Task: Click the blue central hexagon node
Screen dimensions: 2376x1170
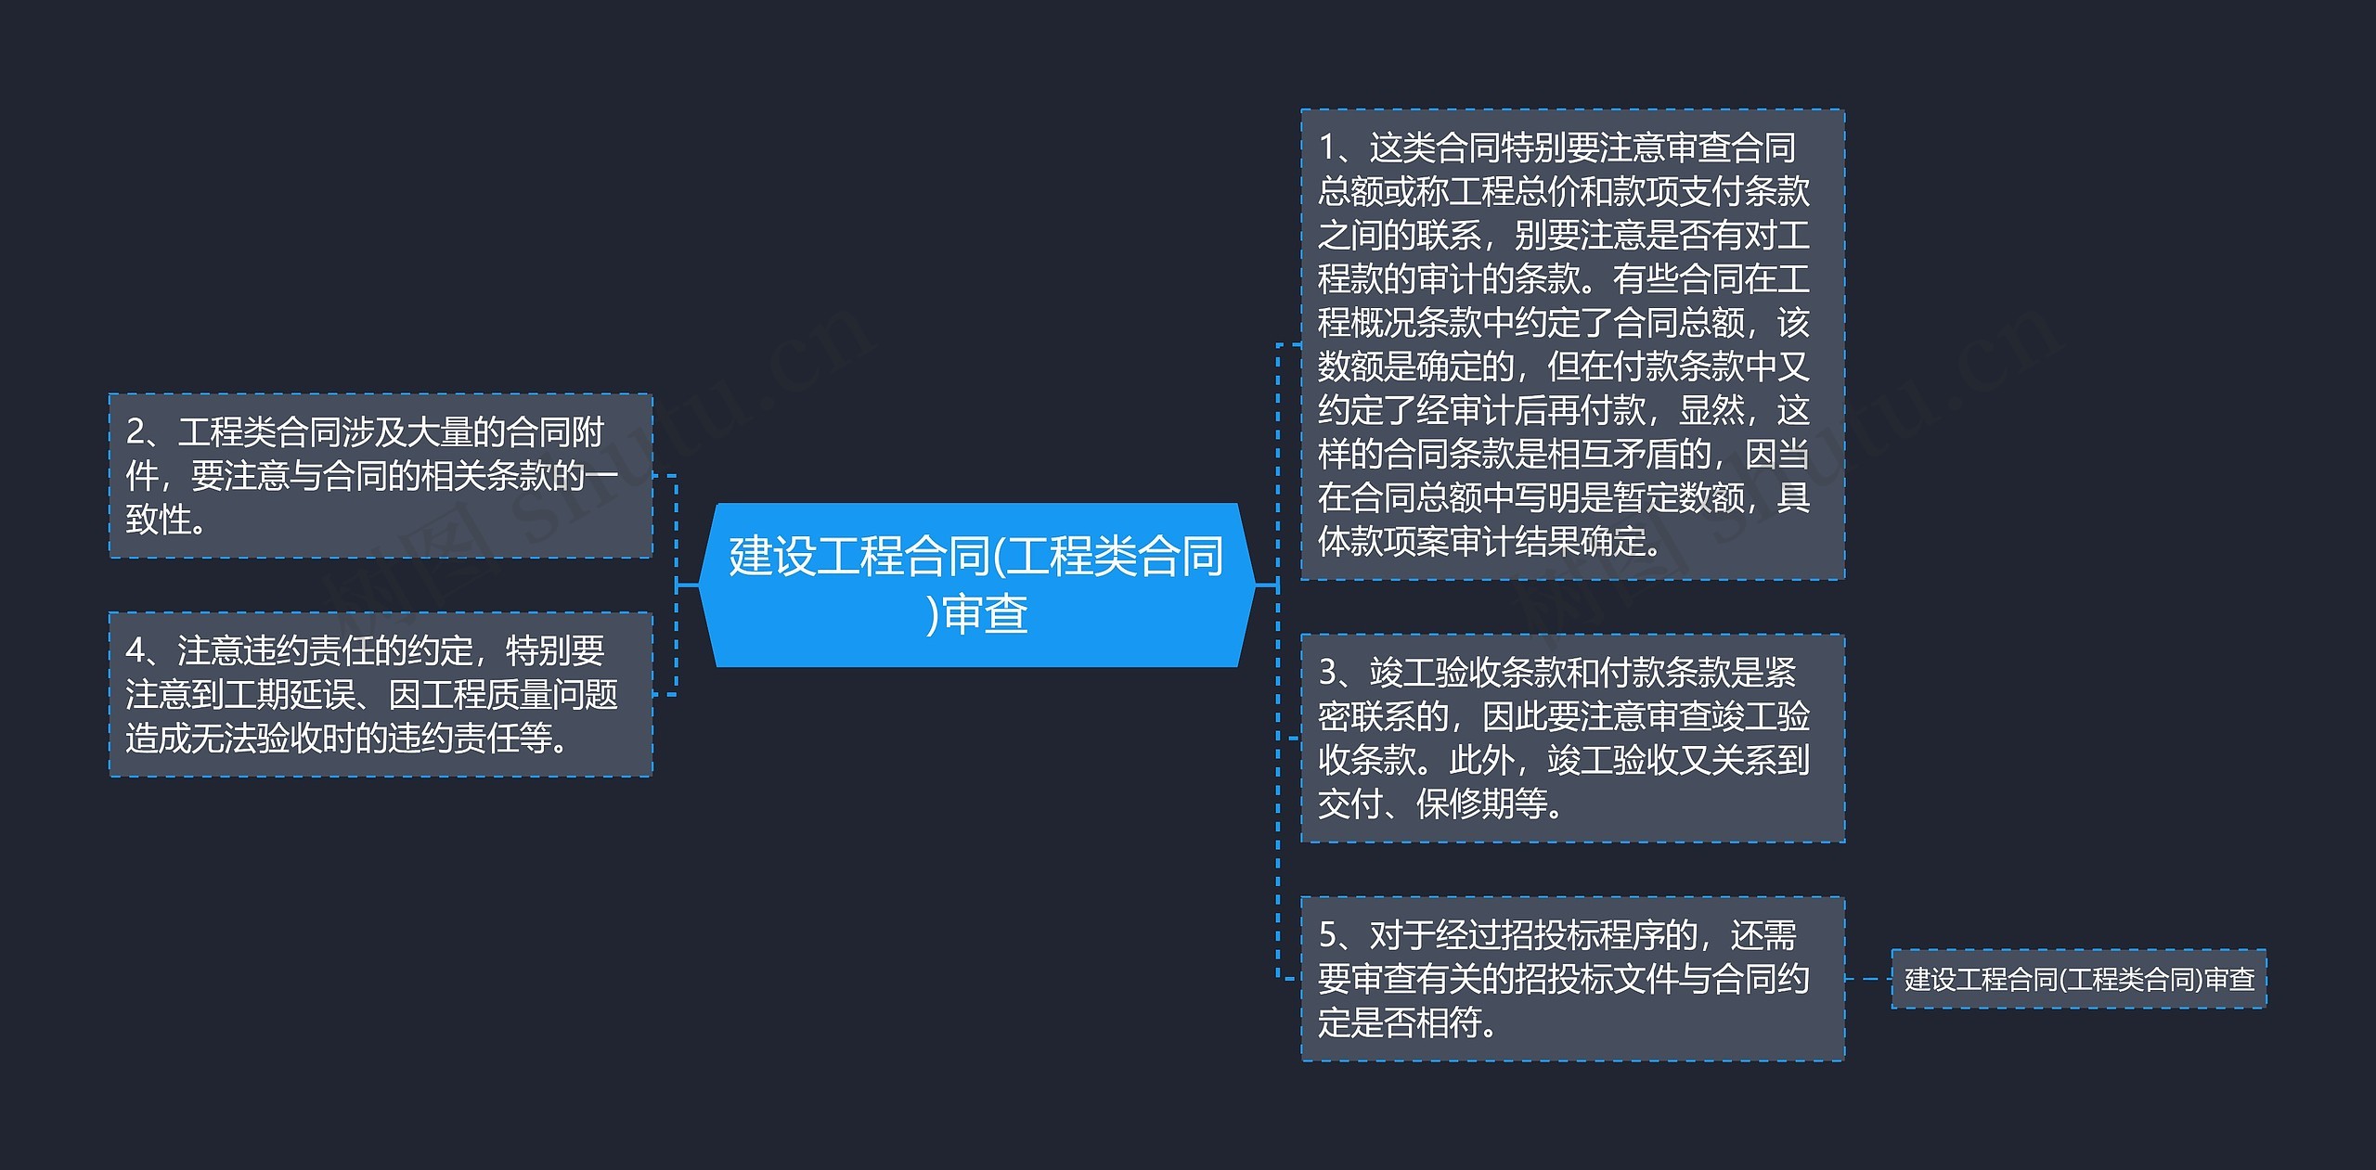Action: tap(976, 585)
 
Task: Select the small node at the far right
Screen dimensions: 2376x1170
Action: tap(2078, 979)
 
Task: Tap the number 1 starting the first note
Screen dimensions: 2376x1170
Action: tap(1328, 148)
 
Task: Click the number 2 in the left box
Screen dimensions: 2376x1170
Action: tap(136, 432)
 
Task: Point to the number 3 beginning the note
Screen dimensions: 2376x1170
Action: tap(1328, 673)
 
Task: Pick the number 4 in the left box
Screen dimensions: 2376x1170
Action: tap(136, 651)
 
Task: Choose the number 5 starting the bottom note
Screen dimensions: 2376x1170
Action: tap(1328, 935)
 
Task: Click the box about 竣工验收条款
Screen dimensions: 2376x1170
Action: tap(1572, 739)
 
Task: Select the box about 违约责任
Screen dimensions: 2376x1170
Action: tap(381, 694)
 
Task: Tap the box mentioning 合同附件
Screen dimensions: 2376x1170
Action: tap(381, 475)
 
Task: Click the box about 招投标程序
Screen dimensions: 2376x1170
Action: tap(1572, 978)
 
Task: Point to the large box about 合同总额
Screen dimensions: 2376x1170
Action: tap(1572, 344)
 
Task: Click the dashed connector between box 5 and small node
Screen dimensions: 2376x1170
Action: tap(1867, 979)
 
